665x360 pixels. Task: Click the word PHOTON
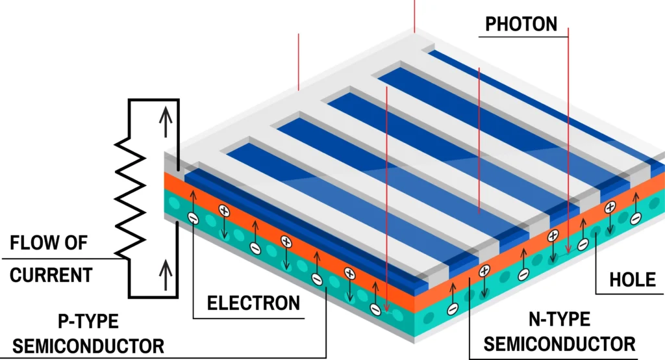pos(521,24)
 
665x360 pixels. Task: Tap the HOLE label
pos(632,279)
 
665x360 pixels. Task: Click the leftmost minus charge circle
pos(192,218)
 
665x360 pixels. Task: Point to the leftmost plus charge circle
pos(223,211)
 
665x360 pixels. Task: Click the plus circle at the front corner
pos(484,270)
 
